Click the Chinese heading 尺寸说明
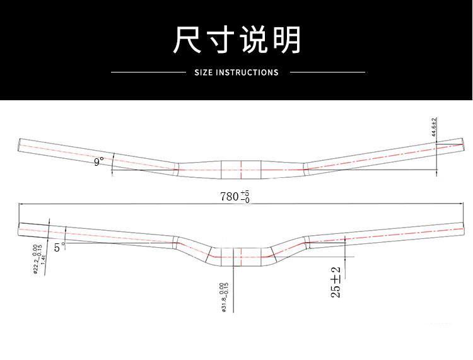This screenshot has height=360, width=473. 237,40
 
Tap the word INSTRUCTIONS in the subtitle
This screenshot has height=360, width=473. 247,73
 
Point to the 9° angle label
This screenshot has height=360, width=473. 98,163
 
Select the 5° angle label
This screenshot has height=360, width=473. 59,248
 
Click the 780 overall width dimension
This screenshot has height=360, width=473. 230,196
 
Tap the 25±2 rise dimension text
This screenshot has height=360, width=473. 336,282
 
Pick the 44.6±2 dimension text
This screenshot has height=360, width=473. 434,128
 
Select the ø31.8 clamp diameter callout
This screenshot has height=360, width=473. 223,296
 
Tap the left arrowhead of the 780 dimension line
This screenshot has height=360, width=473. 21,204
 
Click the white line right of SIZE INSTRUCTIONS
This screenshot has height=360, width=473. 327,73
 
